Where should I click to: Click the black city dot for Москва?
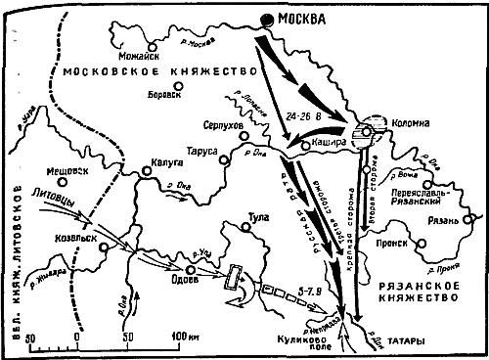[267, 21]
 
